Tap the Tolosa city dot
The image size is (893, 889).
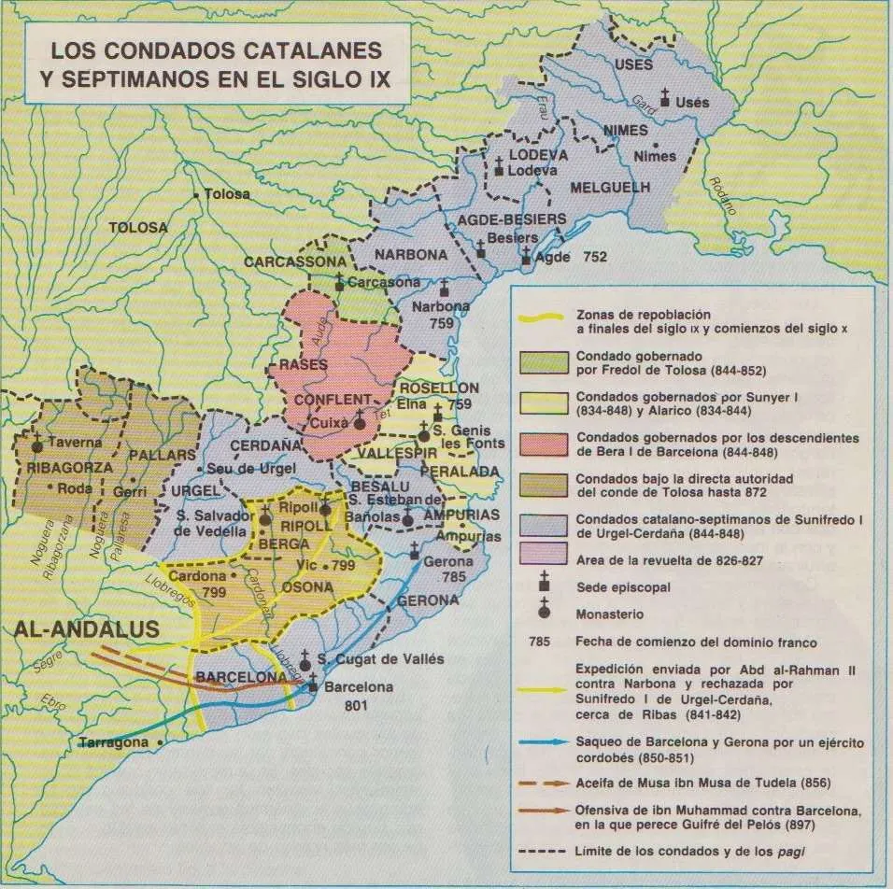195,194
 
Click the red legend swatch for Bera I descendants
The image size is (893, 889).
541,444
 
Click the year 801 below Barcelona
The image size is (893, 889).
329,705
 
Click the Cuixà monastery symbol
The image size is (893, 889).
359,423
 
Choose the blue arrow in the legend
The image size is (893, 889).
541,742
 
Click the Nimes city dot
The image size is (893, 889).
659,145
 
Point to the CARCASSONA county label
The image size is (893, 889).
293,262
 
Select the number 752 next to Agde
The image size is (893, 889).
595,256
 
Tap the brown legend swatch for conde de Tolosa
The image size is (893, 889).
541,485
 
